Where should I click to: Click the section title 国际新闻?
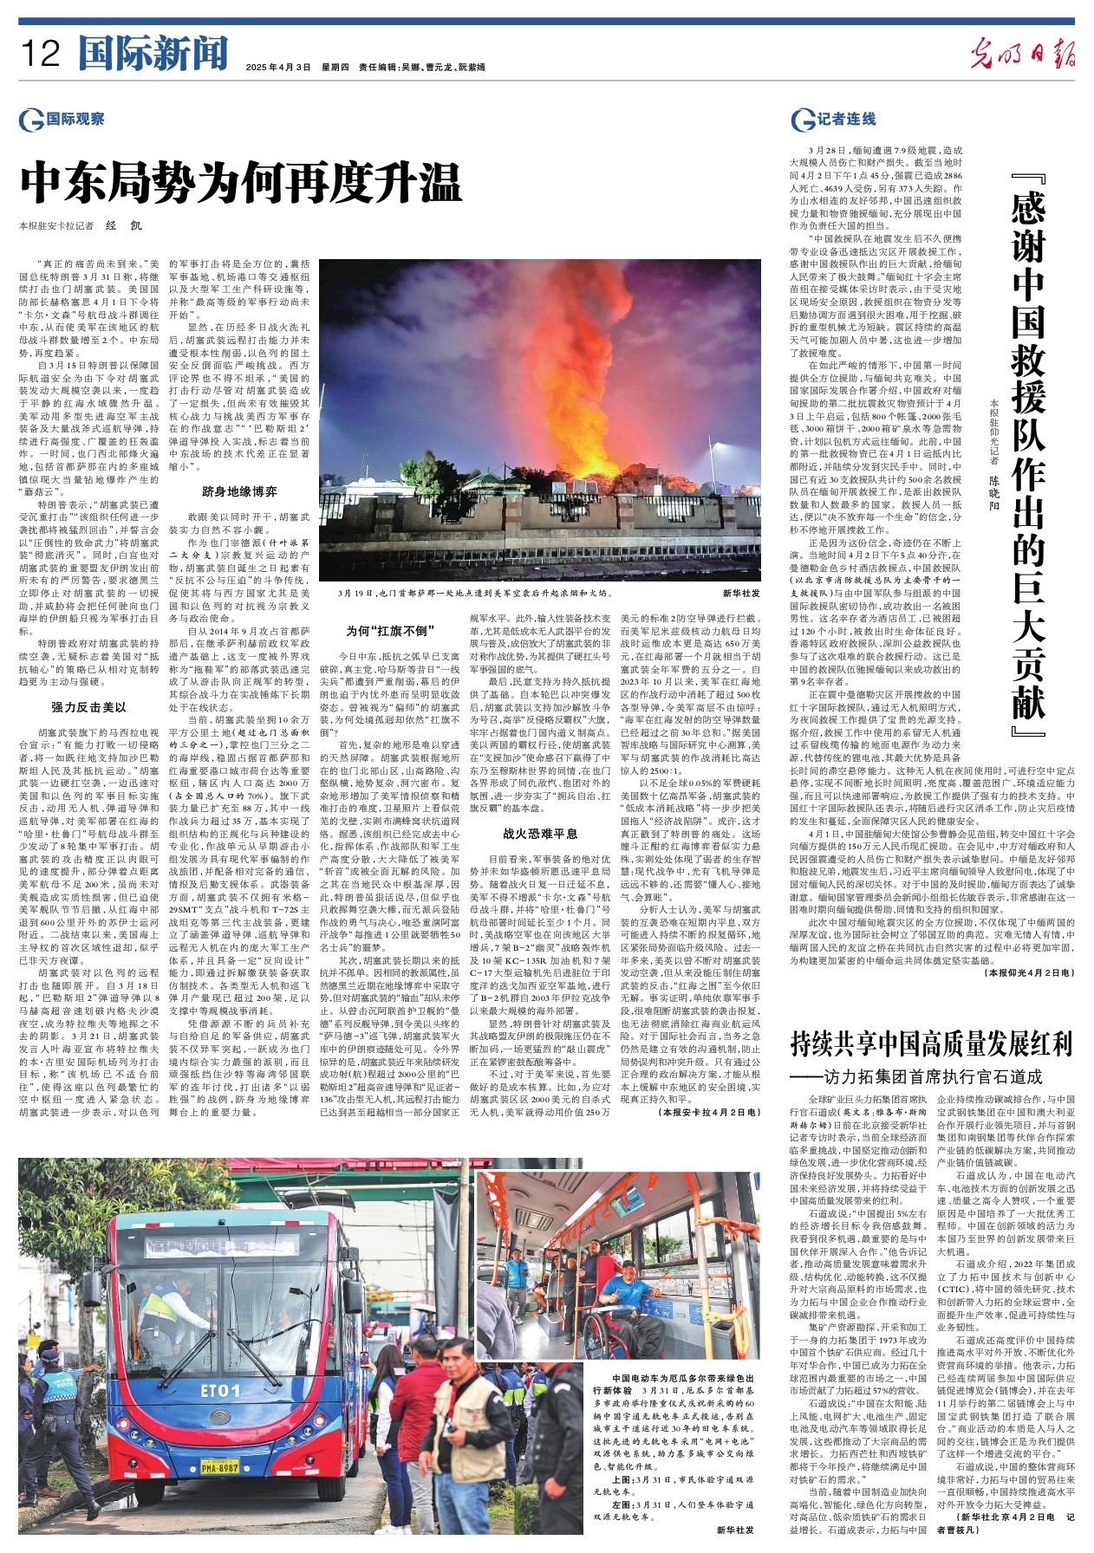(153, 54)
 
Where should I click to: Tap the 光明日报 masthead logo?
(1022, 55)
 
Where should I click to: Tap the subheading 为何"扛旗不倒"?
(390, 631)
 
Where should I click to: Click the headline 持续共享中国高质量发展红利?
(931, 1043)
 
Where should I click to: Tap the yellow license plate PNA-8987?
(220, 1467)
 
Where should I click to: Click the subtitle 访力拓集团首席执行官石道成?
(924, 1076)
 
